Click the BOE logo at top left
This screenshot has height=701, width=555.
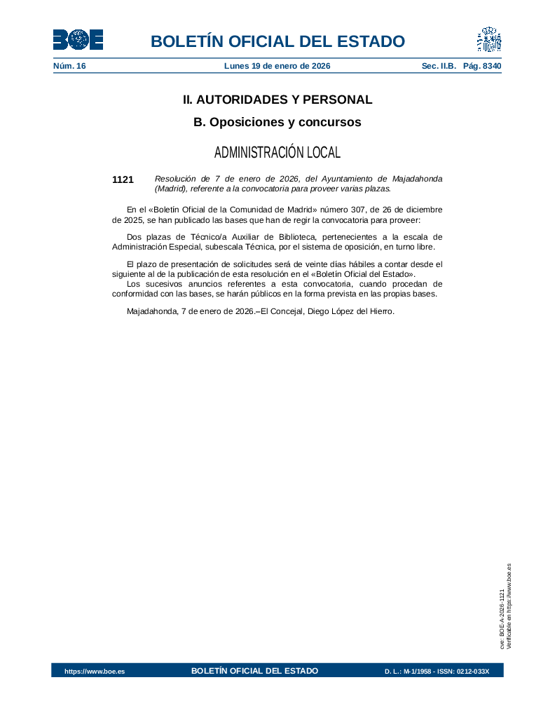click(x=78, y=40)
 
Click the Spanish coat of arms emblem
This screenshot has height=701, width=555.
click(x=489, y=40)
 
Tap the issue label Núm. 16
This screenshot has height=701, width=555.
click(x=69, y=66)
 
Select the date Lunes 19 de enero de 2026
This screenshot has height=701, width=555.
click(x=277, y=66)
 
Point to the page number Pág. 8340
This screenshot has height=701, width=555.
click(x=483, y=66)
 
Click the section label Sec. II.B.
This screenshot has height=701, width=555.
click(x=439, y=66)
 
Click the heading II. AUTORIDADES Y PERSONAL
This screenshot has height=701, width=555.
click(x=277, y=100)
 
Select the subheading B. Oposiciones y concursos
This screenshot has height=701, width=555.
click(x=277, y=122)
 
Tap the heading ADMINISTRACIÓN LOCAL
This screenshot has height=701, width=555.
click(x=277, y=152)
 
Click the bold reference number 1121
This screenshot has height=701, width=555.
click(x=123, y=180)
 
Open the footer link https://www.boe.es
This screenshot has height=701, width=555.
click(x=95, y=672)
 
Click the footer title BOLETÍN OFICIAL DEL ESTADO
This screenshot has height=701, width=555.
click(x=254, y=671)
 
